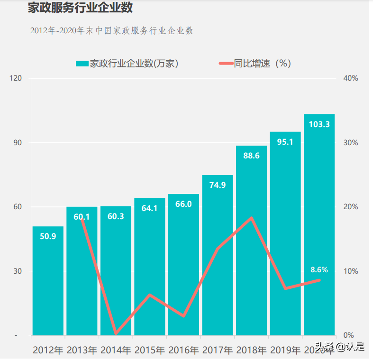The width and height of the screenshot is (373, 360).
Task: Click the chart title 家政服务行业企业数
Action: (80, 8)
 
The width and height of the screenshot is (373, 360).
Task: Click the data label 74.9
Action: (217, 185)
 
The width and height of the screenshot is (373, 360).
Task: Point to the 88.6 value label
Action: (251, 155)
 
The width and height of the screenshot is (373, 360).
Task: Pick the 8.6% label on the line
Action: (319, 269)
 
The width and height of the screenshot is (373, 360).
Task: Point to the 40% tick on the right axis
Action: (351, 78)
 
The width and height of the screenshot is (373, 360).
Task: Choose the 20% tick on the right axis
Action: (351, 207)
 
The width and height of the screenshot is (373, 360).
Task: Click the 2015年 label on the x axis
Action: (150, 351)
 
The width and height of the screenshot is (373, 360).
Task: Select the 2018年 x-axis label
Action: (251, 351)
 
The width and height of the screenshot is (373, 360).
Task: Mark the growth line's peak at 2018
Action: (251, 218)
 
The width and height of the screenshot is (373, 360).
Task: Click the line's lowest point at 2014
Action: (116, 333)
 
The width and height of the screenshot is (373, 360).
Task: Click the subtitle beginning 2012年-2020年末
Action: (112, 31)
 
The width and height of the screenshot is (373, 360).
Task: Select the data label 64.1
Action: (149, 208)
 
